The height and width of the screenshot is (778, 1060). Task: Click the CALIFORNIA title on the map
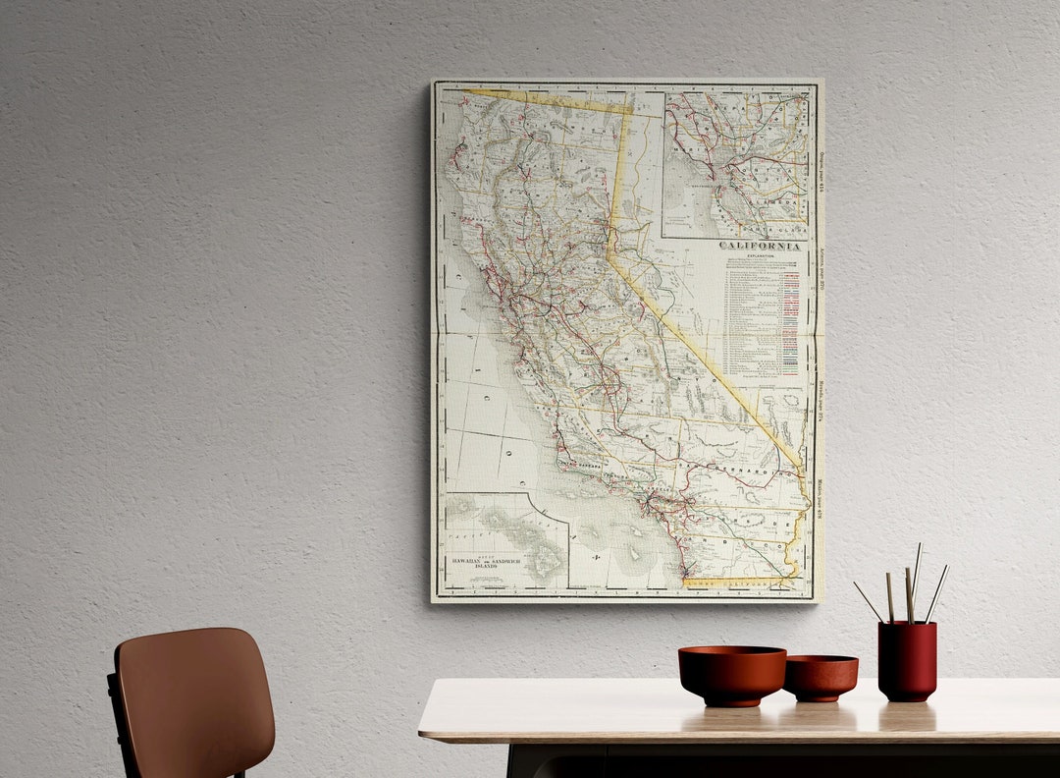759,246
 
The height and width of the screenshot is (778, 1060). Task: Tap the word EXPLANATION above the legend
762,255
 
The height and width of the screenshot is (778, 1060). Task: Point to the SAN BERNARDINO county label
746,472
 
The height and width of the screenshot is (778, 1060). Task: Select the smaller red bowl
821,677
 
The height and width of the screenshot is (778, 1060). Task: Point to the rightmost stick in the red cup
936,593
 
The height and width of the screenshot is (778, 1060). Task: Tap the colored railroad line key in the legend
790,324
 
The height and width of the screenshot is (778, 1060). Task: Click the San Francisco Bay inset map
736,162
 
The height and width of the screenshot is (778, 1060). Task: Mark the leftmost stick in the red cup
868,601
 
